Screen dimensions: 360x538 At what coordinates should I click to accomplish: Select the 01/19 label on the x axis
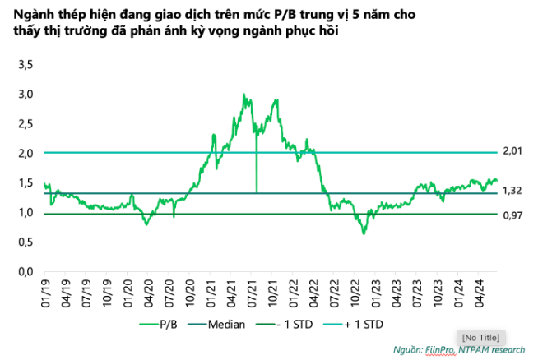point(46,292)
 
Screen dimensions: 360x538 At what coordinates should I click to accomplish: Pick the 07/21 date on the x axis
point(253,292)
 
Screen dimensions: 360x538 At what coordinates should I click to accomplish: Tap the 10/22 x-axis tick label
point(357,292)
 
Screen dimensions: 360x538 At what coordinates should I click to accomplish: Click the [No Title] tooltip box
point(480,337)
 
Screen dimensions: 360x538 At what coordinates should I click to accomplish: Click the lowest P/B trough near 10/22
point(363,233)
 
